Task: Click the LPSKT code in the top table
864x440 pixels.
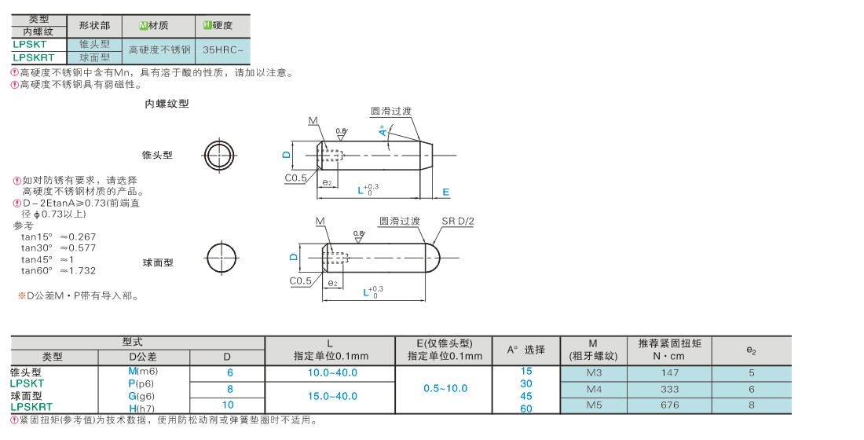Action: [30, 44]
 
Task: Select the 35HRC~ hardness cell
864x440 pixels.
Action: [222, 49]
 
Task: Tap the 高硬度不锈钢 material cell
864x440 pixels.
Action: [159, 49]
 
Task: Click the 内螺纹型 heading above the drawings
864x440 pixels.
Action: [167, 104]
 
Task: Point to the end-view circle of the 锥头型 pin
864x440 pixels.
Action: [220, 155]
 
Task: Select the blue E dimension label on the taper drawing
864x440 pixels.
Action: [446, 192]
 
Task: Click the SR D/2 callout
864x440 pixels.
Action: [458, 221]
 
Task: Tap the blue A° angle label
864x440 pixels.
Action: [383, 131]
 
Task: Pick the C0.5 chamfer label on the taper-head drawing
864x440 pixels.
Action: [296, 178]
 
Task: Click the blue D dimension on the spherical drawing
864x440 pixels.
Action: [294, 257]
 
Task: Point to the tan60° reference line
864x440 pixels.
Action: [58, 271]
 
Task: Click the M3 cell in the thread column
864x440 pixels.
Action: [594, 372]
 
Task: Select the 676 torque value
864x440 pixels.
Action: [670, 405]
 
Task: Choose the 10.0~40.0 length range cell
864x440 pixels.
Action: [332, 372]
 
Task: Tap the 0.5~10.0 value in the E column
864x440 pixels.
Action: [445, 389]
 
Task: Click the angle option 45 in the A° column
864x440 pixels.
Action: [526, 397]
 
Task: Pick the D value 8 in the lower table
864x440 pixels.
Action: [230, 389]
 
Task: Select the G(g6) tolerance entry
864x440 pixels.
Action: [141, 397]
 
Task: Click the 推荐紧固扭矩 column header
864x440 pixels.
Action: [670, 343]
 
